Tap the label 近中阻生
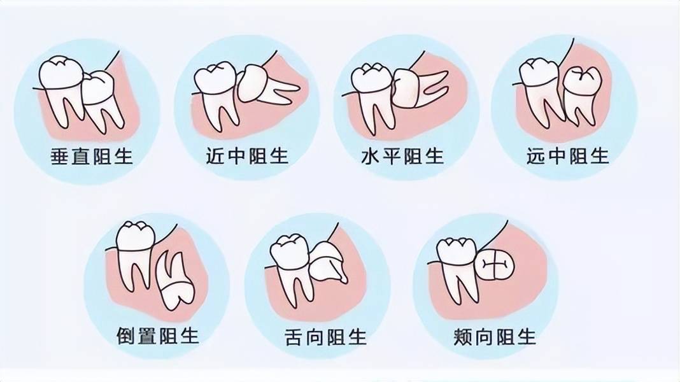247,156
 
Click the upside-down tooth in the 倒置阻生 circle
174,280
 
